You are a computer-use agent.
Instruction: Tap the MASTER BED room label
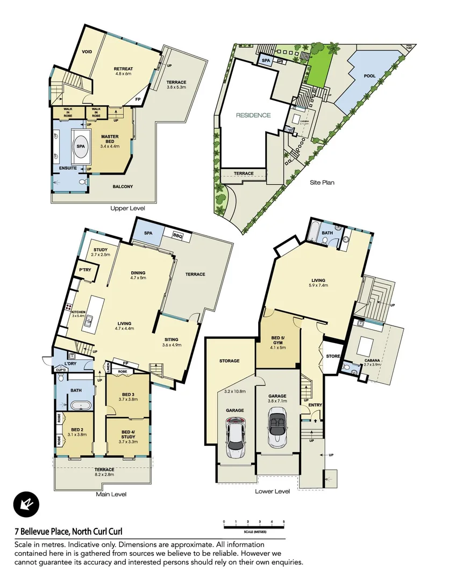(x=110, y=141)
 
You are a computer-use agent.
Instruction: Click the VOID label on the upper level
(x=87, y=52)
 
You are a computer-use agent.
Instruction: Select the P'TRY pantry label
(x=84, y=270)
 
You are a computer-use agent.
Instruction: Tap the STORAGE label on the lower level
(x=229, y=361)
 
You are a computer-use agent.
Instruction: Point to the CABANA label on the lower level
(x=373, y=360)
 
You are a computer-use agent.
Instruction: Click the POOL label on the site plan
(x=369, y=76)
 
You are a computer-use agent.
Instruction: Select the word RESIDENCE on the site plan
(x=253, y=115)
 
